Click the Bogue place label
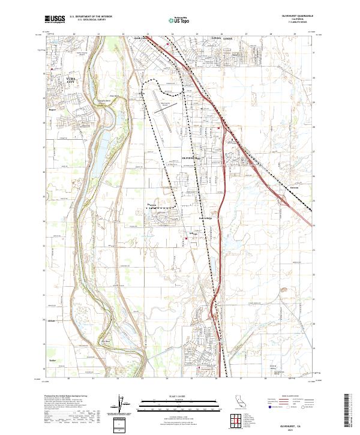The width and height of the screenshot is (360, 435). [x=52, y=109]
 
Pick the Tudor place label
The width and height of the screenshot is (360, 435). [x=52, y=361]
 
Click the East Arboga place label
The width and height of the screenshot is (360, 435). [x=206, y=218]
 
